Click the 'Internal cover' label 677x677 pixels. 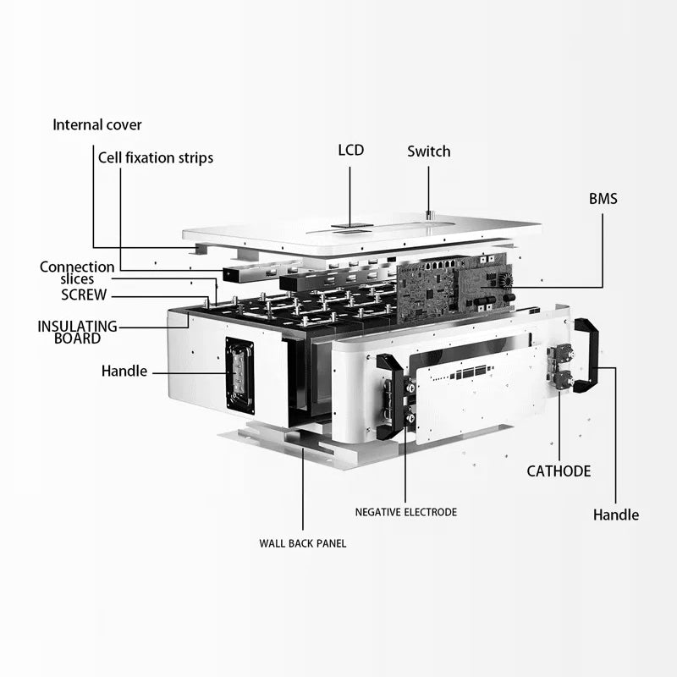[x=97, y=125]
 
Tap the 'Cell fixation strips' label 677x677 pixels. [x=156, y=157]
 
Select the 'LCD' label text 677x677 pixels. [x=350, y=151]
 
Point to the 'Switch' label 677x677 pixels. [x=428, y=151]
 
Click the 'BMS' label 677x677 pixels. [x=603, y=200]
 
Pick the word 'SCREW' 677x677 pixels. [x=84, y=295]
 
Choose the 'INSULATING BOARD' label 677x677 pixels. [x=76, y=332]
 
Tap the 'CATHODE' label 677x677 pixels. [x=559, y=471]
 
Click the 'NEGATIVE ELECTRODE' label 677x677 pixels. [x=405, y=512]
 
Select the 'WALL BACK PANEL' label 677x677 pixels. [x=302, y=543]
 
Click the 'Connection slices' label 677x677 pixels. [x=77, y=272]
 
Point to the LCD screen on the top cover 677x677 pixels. [x=351, y=226]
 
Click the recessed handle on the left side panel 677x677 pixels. [x=239, y=375]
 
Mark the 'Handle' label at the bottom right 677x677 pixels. [x=615, y=515]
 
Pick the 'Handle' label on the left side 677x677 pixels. [x=124, y=371]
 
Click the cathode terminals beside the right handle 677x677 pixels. [x=560, y=366]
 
